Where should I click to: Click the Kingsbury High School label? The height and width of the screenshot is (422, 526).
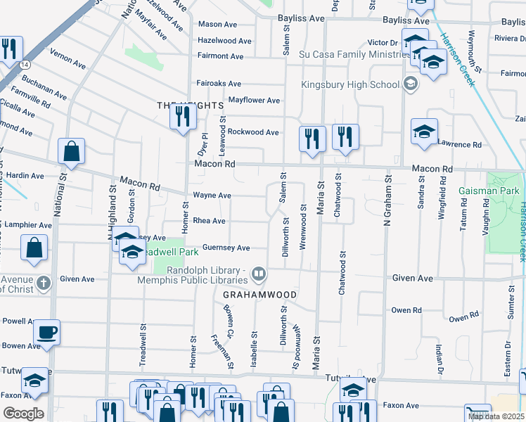pos(350,85)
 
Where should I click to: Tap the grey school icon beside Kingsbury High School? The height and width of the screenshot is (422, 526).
pos(411,85)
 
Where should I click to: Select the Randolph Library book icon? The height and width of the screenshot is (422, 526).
pos(259,273)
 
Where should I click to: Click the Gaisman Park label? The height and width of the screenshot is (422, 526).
pos(488,191)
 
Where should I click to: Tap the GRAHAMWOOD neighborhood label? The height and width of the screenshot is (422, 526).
pos(260,293)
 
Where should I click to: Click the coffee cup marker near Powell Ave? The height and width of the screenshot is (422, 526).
pos(47,332)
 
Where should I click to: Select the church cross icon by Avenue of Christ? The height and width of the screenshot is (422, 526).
pos(44,283)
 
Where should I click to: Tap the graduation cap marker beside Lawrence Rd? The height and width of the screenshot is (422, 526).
pos(425,132)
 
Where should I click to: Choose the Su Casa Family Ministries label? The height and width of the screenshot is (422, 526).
pos(348,53)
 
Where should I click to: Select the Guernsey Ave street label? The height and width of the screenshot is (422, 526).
pos(226,248)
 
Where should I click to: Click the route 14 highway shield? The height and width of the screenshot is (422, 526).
pos(25,64)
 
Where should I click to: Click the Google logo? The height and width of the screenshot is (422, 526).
pos(23,413)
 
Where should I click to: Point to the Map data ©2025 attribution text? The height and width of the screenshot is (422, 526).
pos(496,416)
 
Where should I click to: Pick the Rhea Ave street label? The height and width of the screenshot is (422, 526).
pos(209,221)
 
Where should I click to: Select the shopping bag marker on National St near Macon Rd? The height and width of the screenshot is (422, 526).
pos(71,151)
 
